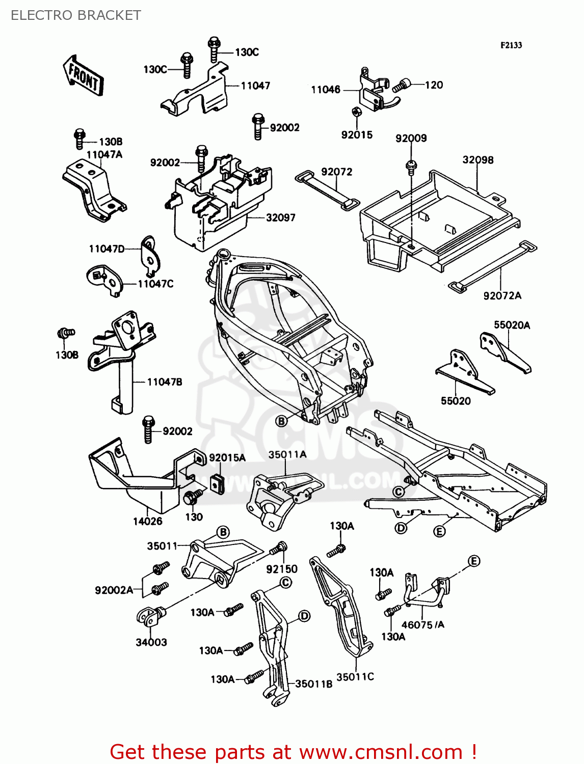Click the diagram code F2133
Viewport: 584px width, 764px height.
[x=511, y=45]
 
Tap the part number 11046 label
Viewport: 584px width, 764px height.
[x=326, y=90]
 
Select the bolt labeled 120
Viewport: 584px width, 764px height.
[x=402, y=86]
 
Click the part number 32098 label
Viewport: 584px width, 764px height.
[x=477, y=160]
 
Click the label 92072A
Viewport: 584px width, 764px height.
[x=502, y=295]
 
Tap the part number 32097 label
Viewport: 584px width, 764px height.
[x=280, y=217]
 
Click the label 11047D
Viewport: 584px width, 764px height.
[x=107, y=249]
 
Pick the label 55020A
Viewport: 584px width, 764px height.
[x=512, y=325]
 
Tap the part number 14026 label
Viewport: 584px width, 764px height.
[x=147, y=521]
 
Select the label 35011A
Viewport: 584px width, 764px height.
[x=287, y=454]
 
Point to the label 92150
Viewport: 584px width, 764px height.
[x=281, y=569]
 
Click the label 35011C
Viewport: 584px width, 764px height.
[x=355, y=676]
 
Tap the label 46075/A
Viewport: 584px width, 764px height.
[x=422, y=625]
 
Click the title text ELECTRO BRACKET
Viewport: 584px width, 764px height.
[x=75, y=15]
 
